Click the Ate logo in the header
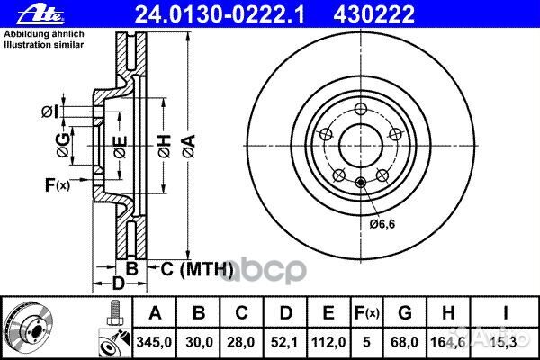click(23, 13)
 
